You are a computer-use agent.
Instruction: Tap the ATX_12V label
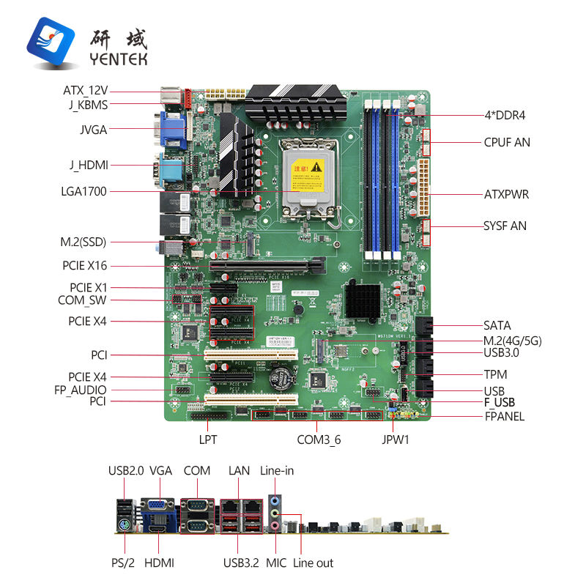click(x=86, y=91)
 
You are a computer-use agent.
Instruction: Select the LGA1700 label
click(x=85, y=192)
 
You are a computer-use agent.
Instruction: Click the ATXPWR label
click(x=506, y=195)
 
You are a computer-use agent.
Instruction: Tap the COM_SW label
click(x=82, y=300)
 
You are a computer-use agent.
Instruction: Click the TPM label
click(x=495, y=374)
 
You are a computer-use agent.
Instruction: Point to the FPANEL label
click(x=505, y=417)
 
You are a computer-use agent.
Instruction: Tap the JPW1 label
click(x=396, y=440)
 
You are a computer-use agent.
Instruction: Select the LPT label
click(x=207, y=440)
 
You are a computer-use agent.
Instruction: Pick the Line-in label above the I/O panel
click(x=277, y=470)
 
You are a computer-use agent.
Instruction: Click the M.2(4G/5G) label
click(x=513, y=341)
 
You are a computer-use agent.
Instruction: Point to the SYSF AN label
click(x=505, y=226)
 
